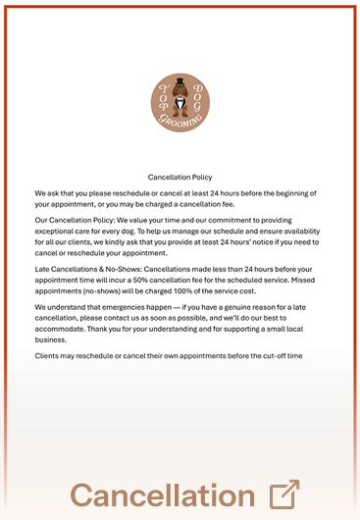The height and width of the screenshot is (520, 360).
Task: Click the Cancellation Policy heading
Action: tap(180, 178)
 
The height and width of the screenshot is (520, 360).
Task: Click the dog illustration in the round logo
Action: tap(180, 102)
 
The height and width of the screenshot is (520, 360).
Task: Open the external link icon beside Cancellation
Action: tap(283, 494)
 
